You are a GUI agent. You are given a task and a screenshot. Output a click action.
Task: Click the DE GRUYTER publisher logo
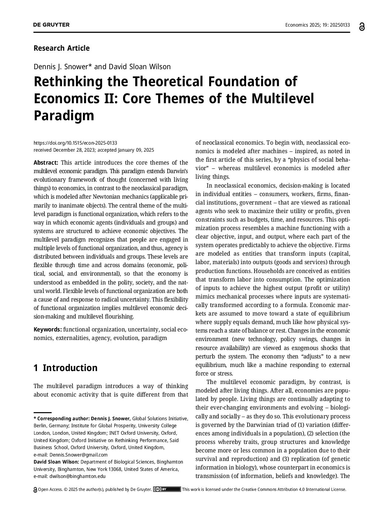pos(51,25)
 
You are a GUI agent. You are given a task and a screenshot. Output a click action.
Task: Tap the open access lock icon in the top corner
pos(361,26)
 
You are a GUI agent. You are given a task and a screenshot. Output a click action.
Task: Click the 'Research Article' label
pos(61,48)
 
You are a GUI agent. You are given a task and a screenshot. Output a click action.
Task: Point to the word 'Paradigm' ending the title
pos(64,115)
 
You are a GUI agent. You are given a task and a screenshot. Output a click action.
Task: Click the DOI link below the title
pos(75,143)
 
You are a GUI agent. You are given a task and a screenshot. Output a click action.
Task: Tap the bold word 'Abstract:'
pos(46,163)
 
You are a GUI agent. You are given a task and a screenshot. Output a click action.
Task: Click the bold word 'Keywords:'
pos(48,329)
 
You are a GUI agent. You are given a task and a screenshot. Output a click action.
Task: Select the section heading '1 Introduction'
pos(65,368)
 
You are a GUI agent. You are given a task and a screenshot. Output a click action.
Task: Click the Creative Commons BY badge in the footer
pos(167,489)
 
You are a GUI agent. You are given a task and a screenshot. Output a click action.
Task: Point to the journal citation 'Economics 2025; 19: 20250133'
pos(317,25)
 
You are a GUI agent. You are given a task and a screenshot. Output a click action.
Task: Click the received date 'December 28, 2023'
pos(74,150)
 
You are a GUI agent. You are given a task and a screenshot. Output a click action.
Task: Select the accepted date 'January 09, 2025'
pos(136,150)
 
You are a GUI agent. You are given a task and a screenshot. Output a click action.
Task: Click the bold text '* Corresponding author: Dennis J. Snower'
pos(82,418)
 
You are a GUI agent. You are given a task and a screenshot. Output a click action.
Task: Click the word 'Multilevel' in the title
pos(283,99)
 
